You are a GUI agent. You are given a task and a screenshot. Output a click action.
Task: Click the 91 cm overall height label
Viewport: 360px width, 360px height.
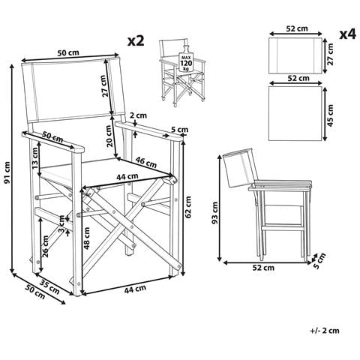7,172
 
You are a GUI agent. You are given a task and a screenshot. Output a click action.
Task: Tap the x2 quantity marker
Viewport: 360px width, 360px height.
136,40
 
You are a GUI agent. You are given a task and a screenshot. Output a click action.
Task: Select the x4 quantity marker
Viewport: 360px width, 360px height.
347,34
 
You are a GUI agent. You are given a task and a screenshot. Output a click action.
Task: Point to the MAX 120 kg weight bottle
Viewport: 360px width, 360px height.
185,58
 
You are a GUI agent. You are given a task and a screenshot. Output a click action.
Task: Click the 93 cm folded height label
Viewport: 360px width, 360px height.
214,212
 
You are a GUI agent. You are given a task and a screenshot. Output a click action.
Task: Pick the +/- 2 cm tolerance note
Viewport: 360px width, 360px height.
325,331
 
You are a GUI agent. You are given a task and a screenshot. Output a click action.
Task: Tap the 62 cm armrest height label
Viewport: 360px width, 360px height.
189,207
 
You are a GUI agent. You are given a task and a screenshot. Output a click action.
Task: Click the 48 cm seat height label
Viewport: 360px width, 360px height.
87,238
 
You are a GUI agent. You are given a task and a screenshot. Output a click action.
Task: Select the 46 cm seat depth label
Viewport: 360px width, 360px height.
146,162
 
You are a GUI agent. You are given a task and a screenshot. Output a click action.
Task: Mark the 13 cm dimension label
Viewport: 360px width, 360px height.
34,158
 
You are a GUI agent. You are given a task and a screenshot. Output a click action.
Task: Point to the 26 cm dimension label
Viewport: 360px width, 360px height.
45,247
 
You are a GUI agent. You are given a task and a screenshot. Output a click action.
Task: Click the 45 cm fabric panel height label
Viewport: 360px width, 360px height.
330,115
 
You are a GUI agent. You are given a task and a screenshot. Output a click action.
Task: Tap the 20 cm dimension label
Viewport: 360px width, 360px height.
109,136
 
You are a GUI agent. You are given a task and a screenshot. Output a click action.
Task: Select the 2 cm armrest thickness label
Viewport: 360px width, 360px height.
138,115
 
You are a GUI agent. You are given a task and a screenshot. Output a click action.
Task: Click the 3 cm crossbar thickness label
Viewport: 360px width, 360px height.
61,224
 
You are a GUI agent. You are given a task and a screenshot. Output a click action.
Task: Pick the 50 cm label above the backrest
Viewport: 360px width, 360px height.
68,53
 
